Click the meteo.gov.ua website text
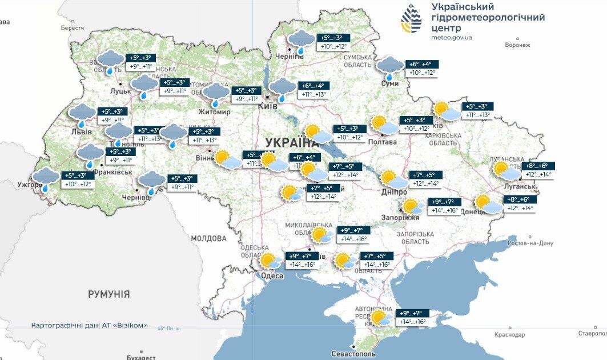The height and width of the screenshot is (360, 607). pos(452,38)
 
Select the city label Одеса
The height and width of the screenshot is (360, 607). pos(272,276)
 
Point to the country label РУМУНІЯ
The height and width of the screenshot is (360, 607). pos(108,294)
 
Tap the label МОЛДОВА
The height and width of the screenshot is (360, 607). pos(208,238)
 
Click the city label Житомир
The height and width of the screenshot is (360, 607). pos(214,112)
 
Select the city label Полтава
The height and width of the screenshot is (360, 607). pos(383,142)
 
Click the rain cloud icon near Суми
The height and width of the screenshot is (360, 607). pos(390,67)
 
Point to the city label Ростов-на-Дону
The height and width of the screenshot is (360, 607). pos(530,243)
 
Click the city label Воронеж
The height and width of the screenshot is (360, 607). pos(518,45)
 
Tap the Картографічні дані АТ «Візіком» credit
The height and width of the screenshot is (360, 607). pos(89,325)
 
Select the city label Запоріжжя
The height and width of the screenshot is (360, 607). pos(400,217)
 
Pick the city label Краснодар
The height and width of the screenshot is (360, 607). pos(510,334)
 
